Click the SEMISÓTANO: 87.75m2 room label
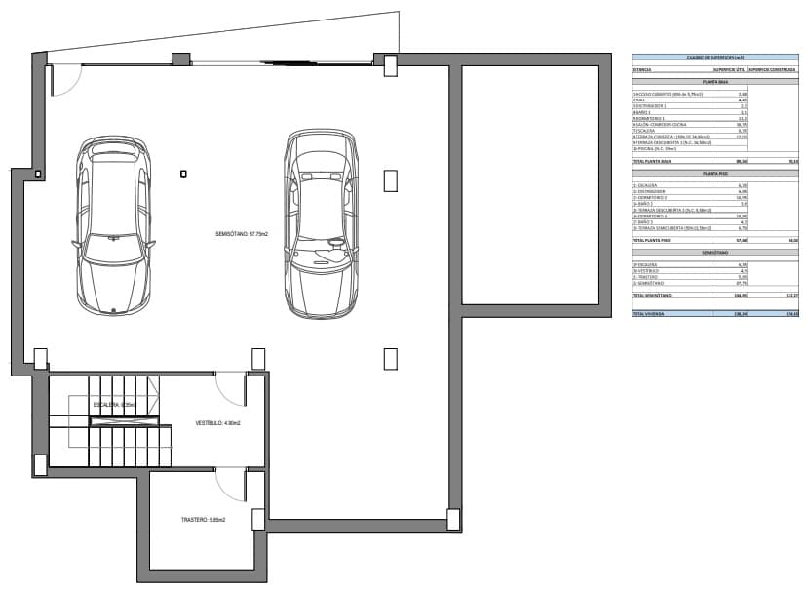click(x=242, y=234)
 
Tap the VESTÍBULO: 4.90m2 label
click(x=217, y=423)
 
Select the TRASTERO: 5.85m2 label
click(x=203, y=520)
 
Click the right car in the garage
click(x=318, y=223)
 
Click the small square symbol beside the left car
click(x=183, y=174)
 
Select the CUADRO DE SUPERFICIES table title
click(x=714, y=59)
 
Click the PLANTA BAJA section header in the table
click(x=714, y=82)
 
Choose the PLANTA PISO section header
click(x=714, y=172)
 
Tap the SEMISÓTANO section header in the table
click(x=714, y=252)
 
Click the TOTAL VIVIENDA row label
click(x=647, y=314)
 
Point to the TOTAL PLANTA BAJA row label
click(x=653, y=160)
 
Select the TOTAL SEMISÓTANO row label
click(x=653, y=295)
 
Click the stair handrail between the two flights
click(x=116, y=421)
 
